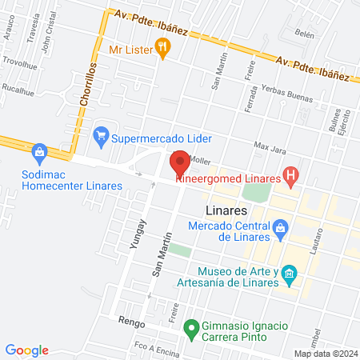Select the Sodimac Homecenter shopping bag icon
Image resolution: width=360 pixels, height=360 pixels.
coord(38,151)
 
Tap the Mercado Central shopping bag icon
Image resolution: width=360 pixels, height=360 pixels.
coord(280,231)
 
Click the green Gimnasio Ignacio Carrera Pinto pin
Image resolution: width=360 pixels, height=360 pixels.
coord(191,327)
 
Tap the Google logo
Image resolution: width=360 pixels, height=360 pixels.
coord(27,350)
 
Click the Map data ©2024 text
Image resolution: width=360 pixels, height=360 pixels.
coord(325,354)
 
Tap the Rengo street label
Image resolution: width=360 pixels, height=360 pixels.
coord(130,320)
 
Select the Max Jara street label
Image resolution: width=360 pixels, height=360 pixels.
coord(270,146)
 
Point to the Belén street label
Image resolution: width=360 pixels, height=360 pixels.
coord(305,34)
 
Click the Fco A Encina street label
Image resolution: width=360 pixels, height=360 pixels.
coord(152,347)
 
